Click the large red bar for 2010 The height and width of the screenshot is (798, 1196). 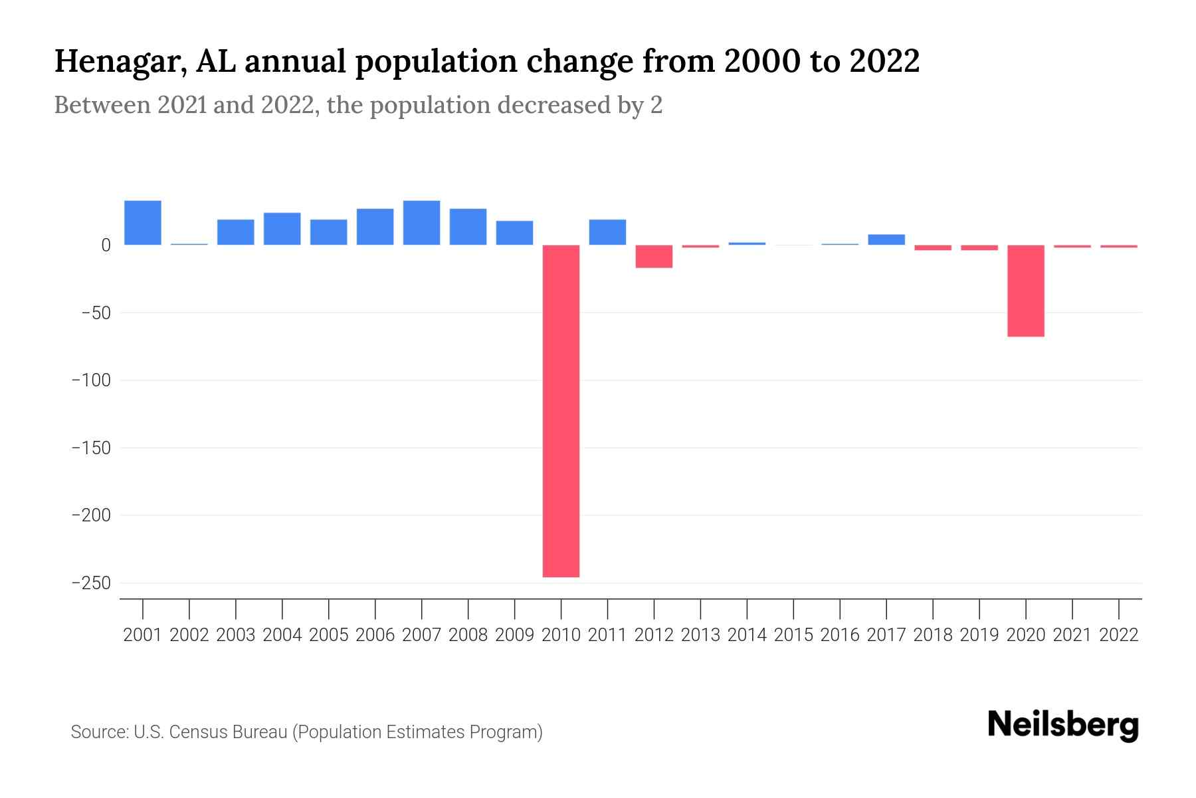click(x=561, y=410)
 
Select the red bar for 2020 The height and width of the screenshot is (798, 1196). click(x=1025, y=291)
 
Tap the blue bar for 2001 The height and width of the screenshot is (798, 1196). click(x=143, y=223)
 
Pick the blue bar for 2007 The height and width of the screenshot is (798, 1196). click(x=421, y=223)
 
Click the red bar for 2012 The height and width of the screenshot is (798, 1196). click(x=654, y=257)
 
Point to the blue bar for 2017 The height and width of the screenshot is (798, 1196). click(x=886, y=239)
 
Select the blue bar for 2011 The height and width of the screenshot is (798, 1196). click(x=607, y=232)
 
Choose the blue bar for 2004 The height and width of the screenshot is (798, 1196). click(x=282, y=229)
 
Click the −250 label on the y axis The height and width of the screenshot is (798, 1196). click(x=91, y=583)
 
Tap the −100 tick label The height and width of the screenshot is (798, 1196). click(x=91, y=380)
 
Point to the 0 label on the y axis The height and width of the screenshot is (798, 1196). click(x=106, y=245)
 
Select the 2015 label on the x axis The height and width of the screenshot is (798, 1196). click(x=793, y=635)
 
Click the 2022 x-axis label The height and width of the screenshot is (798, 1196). click(x=1119, y=635)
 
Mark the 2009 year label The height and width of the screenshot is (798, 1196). click(x=514, y=635)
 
